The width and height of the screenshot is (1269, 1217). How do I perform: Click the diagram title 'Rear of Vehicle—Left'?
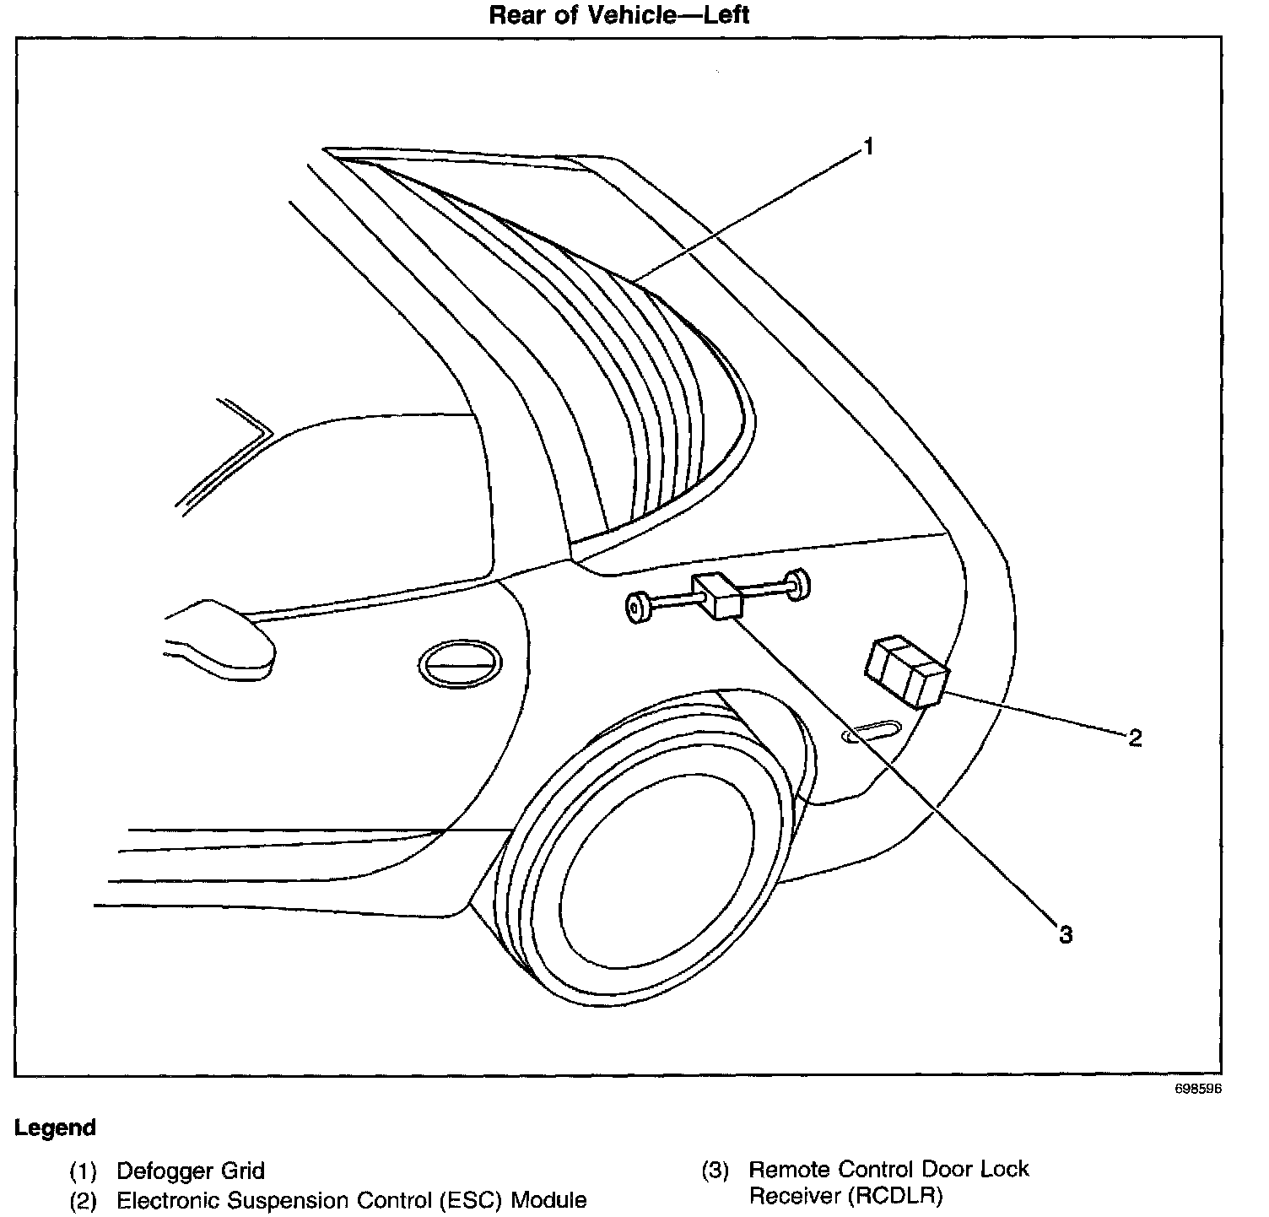coord(619,14)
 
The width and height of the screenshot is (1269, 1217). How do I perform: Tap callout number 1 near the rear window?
coord(867,148)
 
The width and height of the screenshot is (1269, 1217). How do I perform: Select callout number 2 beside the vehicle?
coord(1135,738)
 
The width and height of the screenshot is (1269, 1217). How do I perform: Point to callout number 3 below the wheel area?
coord(1066,934)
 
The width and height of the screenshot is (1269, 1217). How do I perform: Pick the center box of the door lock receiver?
coord(717,595)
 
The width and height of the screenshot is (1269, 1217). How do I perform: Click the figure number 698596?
coord(1197,1089)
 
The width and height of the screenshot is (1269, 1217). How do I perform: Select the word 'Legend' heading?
coord(55,1128)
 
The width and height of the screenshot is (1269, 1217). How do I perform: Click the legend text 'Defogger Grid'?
coord(191,1171)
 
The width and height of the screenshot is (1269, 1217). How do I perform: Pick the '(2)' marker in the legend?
coord(83,1199)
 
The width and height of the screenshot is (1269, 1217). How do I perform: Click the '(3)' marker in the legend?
coord(715,1171)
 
